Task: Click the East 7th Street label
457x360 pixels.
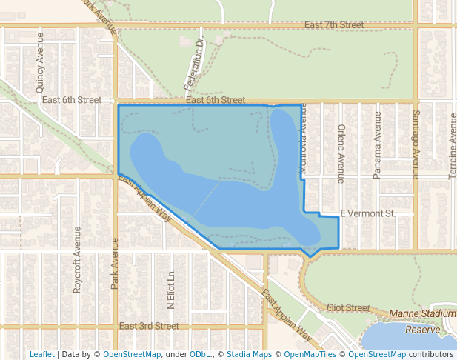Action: [x=334, y=25]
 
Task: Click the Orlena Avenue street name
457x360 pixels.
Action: [x=341, y=153]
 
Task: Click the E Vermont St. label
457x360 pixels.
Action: [x=368, y=213]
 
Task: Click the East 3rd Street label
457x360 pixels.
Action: [x=149, y=326]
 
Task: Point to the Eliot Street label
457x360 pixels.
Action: [x=347, y=307]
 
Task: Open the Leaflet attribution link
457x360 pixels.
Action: [x=41, y=354]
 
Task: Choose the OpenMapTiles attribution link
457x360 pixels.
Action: [x=310, y=354]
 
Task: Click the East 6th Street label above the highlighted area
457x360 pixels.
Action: [x=216, y=100]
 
